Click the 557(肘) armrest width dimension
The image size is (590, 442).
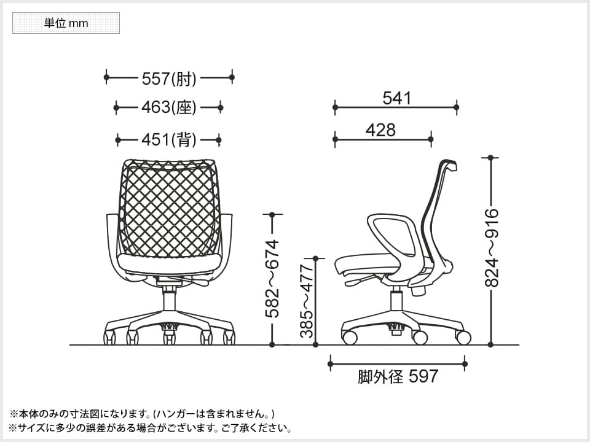[169, 78]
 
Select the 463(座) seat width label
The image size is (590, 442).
[168, 107]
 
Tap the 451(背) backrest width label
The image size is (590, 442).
[168, 140]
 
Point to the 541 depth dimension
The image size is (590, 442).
[396, 98]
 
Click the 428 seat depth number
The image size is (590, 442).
[380, 130]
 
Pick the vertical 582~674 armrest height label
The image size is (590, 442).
[272, 279]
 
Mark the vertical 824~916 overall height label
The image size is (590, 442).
[492, 248]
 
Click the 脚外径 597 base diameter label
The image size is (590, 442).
[398, 376]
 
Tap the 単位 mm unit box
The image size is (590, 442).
[66, 23]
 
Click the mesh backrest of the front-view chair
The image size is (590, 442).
[168, 209]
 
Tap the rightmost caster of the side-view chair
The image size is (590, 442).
[463, 338]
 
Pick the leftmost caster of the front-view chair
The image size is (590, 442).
[109, 337]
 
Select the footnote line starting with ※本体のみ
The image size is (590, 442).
[142, 413]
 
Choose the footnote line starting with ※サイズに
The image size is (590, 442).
[151, 428]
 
